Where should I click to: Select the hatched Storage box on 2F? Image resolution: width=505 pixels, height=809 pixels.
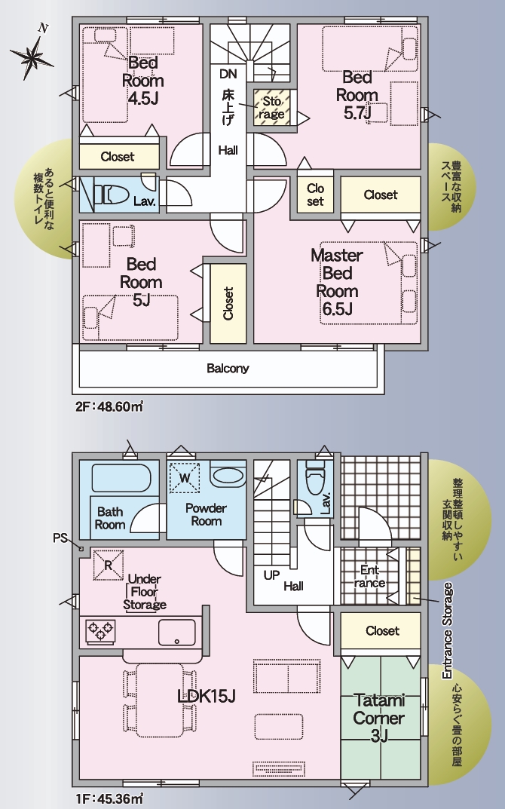click(271, 107)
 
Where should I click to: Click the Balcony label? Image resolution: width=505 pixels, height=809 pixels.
click(228, 369)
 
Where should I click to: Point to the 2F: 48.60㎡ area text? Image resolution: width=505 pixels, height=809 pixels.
click(109, 406)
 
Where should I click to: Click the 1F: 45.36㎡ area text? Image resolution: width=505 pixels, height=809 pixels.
click(109, 799)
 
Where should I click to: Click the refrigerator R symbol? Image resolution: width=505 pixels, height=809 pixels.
click(109, 565)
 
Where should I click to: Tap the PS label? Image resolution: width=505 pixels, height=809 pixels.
click(60, 538)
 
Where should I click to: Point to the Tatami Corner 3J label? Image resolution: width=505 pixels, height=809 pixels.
click(378, 718)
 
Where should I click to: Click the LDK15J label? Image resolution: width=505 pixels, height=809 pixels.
click(207, 696)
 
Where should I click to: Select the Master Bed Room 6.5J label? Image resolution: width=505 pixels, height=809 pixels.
click(337, 282)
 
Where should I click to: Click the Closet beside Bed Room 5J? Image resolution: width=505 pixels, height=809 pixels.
click(228, 303)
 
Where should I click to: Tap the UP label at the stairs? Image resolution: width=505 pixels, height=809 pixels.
click(271, 575)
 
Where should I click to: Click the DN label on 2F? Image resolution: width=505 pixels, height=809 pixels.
click(228, 74)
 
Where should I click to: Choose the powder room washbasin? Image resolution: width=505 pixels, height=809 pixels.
click(228, 476)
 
